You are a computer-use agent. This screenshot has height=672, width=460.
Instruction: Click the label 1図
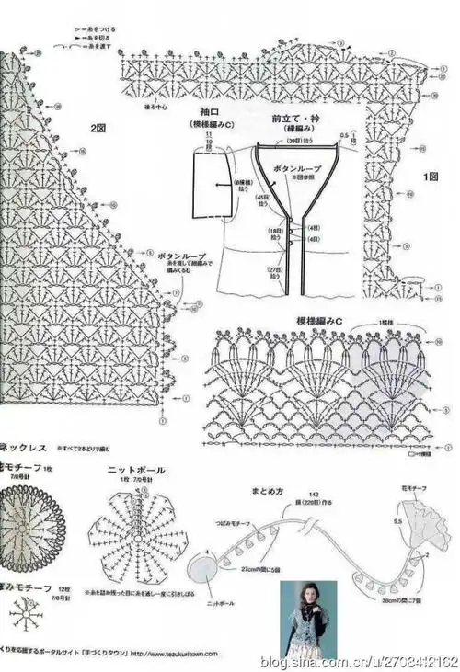430,176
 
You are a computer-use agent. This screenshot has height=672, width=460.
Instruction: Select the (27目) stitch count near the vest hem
275,270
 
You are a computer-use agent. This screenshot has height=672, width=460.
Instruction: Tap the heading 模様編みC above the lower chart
319,320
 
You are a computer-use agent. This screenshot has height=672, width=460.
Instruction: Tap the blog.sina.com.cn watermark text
359,662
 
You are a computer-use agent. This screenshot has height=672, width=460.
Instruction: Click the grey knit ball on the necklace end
207,560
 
